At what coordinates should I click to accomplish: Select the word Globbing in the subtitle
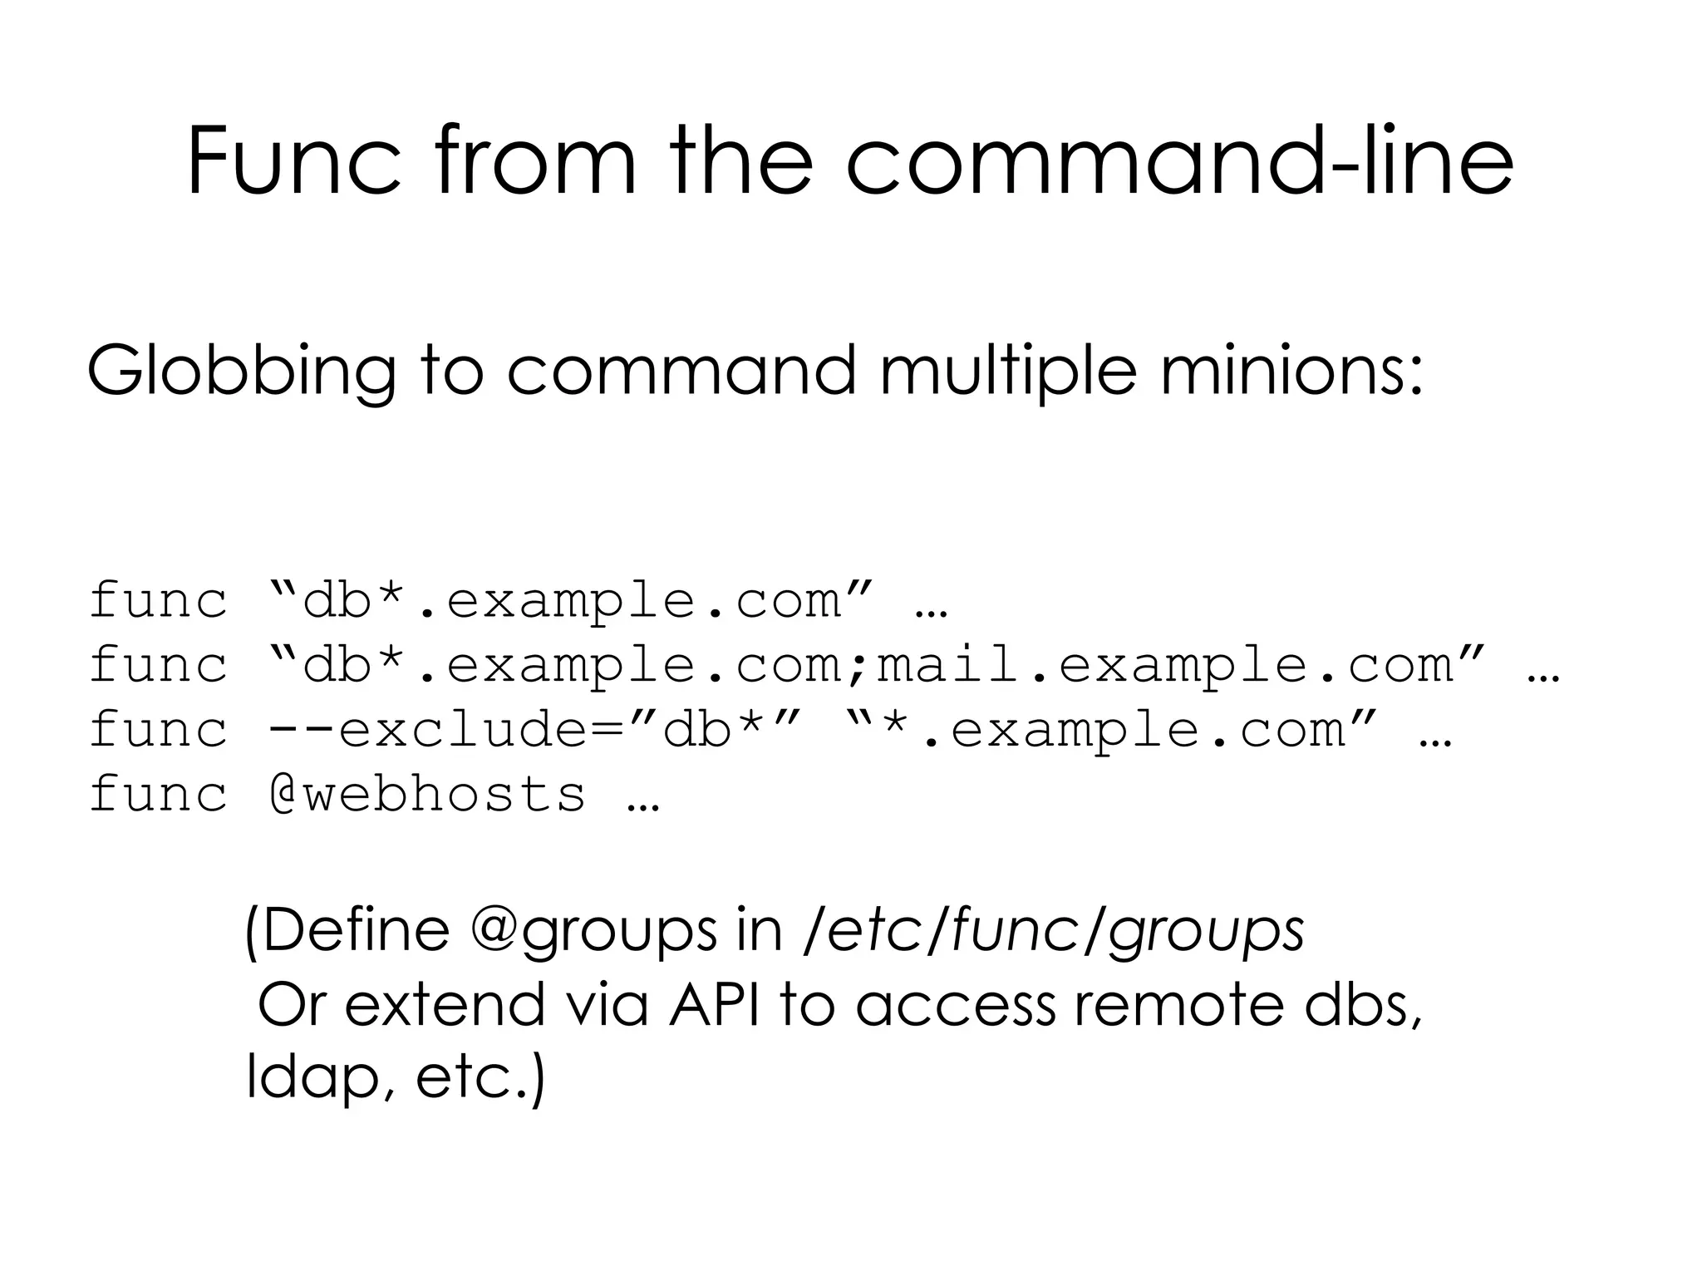point(241,372)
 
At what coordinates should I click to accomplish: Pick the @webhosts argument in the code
point(428,794)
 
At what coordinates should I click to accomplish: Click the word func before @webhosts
point(158,794)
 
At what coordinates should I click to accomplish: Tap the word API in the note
point(714,1005)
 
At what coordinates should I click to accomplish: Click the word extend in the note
point(444,1005)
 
